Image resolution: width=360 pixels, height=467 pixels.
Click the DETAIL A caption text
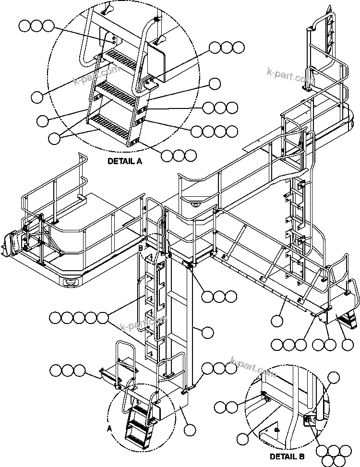tap(124, 162)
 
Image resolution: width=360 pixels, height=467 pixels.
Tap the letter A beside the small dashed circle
tap(109, 428)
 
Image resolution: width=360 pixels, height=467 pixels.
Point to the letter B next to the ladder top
tap(141, 248)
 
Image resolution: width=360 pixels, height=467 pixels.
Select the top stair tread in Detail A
tap(120, 60)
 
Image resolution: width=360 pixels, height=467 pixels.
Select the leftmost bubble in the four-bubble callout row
tap(197, 131)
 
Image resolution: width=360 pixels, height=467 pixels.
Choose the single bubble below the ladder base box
tap(190, 430)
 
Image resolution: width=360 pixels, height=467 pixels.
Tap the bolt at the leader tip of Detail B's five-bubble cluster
tap(309, 420)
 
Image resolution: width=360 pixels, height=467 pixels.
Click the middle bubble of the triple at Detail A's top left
tap(36, 26)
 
